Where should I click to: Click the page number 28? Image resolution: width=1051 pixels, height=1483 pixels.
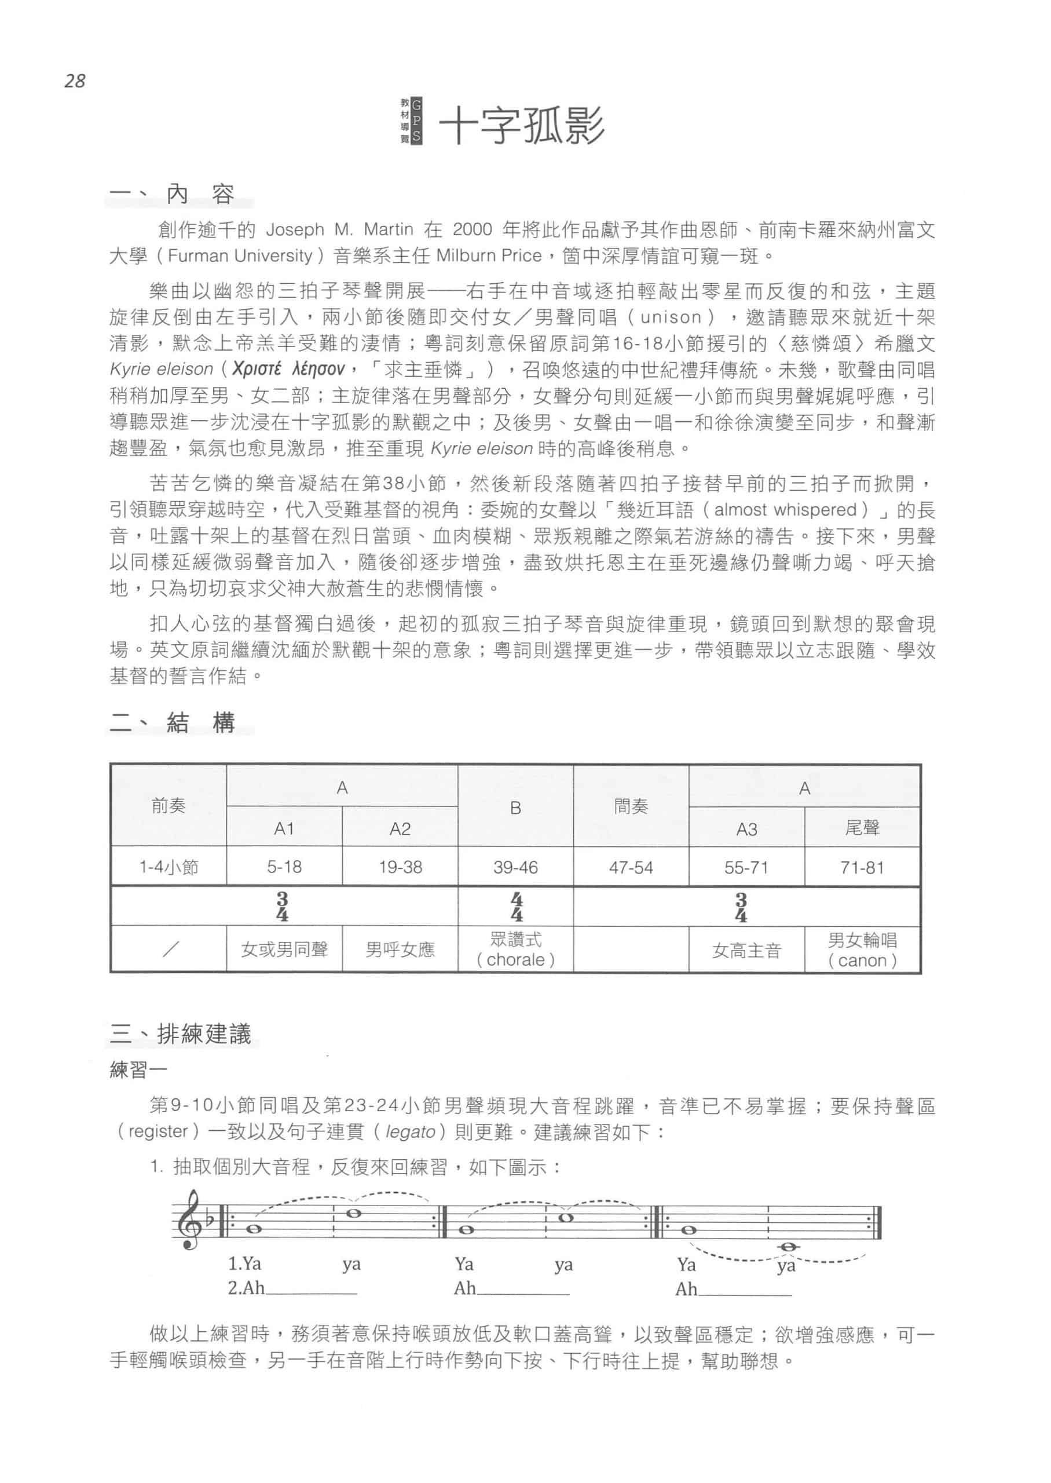point(75,81)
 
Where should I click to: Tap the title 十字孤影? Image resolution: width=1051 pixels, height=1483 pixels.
point(522,125)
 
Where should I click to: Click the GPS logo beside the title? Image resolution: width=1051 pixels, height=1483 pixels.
point(412,121)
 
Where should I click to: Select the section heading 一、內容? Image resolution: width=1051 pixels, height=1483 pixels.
point(171,194)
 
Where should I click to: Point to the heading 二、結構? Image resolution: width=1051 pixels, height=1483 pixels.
point(171,722)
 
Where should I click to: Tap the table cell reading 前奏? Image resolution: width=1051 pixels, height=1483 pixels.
point(169,805)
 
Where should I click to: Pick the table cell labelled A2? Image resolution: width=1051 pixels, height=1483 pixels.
point(400,828)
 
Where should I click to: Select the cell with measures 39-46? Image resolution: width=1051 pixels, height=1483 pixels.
point(515,867)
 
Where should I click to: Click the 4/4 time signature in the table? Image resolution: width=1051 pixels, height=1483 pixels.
point(517,907)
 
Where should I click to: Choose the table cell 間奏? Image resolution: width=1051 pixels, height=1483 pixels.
point(631,806)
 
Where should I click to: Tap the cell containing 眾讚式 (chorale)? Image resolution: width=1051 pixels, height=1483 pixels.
point(516,949)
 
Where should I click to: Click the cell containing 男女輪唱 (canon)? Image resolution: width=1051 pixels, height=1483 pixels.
point(862,950)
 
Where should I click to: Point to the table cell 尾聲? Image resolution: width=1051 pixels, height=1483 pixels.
point(862,828)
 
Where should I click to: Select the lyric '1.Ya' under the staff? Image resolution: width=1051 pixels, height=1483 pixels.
point(244,1264)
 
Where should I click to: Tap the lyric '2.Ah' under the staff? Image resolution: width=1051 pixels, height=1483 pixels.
point(246,1288)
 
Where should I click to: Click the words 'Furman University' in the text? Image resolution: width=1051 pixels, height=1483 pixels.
point(240,255)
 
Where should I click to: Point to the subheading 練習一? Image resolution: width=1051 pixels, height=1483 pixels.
point(138,1070)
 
